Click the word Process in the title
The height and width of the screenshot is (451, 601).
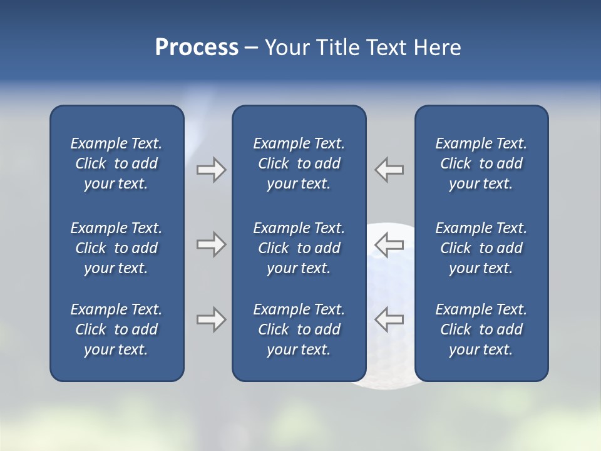point(197,48)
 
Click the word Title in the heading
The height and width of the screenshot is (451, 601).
point(337,48)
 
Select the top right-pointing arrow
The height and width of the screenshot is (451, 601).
point(211,170)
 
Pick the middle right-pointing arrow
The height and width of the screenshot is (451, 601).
point(211,244)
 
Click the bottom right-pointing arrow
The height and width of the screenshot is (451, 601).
point(211,319)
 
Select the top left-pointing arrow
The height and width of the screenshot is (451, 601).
point(389,170)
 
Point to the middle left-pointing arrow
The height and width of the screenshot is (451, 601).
point(389,244)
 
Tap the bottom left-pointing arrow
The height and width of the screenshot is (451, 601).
point(389,319)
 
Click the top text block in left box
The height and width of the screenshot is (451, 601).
point(116,163)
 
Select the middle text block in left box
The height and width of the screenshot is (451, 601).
point(116,248)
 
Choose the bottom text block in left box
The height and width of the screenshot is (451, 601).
point(116,329)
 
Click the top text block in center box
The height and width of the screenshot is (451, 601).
point(299,163)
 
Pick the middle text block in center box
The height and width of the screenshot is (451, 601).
point(299,248)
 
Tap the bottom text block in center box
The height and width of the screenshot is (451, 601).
point(299,329)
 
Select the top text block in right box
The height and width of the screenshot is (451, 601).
point(481,163)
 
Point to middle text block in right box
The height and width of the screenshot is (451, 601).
point(481,248)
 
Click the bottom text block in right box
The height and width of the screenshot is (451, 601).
point(481,329)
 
